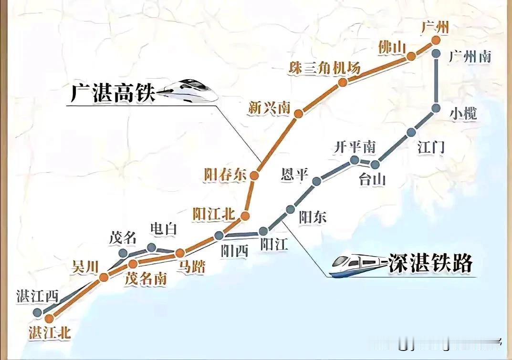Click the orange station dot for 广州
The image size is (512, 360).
pos(436,41)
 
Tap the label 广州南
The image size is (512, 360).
pos(470,57)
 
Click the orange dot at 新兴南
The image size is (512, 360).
pos(299,113)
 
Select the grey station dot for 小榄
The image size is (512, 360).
pos(436,108)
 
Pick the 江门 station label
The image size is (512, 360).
pos(431,147)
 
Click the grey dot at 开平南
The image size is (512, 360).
pos(354,160)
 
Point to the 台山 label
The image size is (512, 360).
pos(372,180)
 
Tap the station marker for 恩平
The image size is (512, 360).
pos(316,181)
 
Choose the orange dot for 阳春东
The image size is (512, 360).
pos(254,175)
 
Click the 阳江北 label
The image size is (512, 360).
pos(215,214)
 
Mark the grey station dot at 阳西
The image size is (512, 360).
pos(219,235)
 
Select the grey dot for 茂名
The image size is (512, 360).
pos(123,253)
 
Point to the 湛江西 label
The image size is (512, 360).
pos(37,296)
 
